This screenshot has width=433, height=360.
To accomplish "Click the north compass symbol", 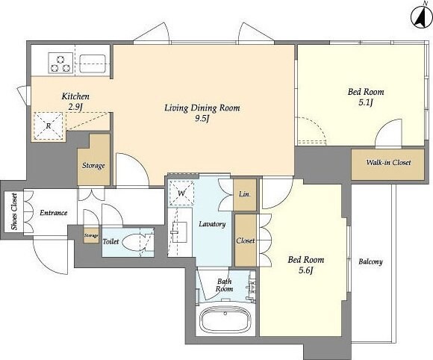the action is (421, 18).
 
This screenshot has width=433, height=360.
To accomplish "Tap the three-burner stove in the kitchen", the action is (60, 63).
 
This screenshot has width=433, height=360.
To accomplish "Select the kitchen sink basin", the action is (93, 63).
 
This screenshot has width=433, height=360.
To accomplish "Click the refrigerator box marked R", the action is (49, 125).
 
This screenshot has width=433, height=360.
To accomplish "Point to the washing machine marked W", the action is (181, 193).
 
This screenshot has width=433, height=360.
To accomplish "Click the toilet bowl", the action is (133, 242).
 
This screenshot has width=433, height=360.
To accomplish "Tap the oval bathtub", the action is (225, 319).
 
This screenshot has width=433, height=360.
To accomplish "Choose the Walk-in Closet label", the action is (388, 163).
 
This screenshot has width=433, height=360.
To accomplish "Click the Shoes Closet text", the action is (14, 211).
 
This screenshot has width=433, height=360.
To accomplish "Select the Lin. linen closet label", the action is (245, 194).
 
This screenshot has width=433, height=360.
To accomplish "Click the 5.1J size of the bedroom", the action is (366, 103).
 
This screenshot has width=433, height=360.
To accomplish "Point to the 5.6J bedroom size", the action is (305, 270).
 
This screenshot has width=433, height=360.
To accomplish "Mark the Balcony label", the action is (370, 261).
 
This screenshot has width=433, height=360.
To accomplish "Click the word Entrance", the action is (54, 212).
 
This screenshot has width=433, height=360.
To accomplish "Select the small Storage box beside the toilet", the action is (91, 236).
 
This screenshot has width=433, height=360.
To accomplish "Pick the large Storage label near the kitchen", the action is (93, 166).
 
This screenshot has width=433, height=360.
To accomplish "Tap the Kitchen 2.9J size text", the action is (75, 107).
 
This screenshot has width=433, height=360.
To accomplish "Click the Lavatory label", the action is (212, 224).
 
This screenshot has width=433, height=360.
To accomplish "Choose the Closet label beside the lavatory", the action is (245, 240).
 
